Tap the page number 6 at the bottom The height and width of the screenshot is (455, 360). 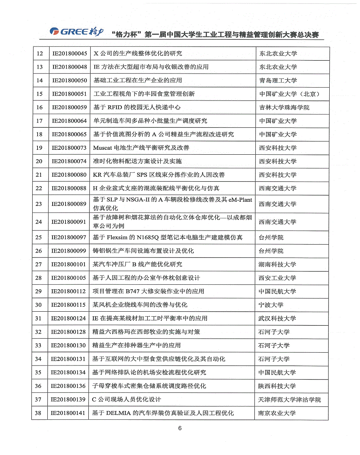coord(180,428)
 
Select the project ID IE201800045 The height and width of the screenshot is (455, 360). coord(70,53)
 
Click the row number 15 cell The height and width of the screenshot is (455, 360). coord(39,94)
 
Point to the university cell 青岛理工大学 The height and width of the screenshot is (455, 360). coord(278,80)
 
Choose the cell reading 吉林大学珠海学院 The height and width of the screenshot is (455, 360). coord(284,107)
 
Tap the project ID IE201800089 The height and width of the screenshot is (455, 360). coord(69,204)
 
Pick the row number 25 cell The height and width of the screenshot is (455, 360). coord(39,238)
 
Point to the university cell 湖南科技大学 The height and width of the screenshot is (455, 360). coord(277,265)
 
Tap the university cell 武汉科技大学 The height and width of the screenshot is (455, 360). coord(277,318)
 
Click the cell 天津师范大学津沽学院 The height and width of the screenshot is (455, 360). coord(290,400)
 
